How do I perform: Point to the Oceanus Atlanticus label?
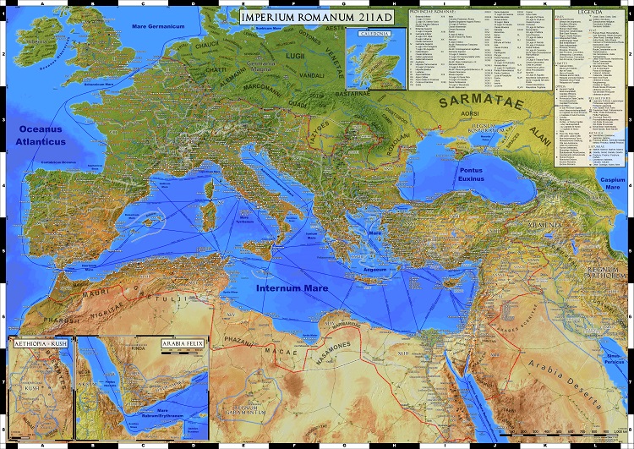[x=39, y=136]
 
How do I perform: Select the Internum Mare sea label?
[x=292, y=288]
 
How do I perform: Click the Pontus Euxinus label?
[x=466, y=174]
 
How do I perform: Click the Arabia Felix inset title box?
[x=183, y=344]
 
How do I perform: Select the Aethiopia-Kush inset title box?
[x=39, y=344]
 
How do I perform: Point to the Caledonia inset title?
[x=372, y=34]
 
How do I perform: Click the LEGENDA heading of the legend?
[x=592, y=15]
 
